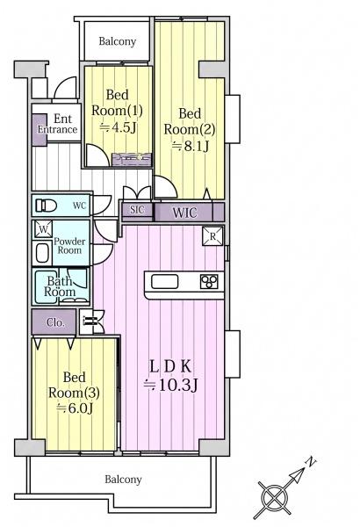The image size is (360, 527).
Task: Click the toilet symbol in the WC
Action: coord(46,206)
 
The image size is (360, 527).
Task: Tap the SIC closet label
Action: coord(137,210)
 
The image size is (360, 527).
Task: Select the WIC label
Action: coord(184,213)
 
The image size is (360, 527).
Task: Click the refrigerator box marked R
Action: coord(212,236)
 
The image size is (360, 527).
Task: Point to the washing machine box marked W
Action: coord(43,229)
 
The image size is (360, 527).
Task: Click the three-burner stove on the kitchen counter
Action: coord(209,281)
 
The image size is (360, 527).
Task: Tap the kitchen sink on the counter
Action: coord(165,281)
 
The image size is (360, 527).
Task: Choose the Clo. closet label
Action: coord(55,322)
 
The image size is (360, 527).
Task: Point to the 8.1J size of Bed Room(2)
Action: coord(191,146)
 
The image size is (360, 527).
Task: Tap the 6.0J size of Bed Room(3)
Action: coord(75,408)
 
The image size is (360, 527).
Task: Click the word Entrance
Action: coord(57,129)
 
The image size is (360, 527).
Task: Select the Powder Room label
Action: coord(69,246)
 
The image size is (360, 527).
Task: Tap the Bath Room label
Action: coord(60,286)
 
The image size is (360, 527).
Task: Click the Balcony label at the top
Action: coord(118,41)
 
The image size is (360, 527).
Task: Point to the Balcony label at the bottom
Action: coord(123,480)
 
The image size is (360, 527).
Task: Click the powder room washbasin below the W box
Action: coord(43,253)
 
